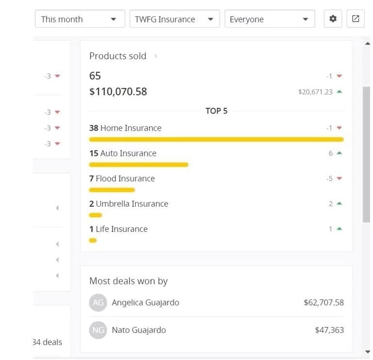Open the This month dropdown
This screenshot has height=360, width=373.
(80, 19)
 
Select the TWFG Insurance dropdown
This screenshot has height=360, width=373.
(175, 19)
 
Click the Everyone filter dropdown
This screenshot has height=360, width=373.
(270, 19)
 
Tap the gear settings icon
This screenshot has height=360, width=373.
(333, 18)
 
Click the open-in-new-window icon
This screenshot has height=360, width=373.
(356, 18)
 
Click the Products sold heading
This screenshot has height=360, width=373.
(118, 56)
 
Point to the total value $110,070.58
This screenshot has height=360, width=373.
(118, 92)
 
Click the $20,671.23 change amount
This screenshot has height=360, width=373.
(315, 92)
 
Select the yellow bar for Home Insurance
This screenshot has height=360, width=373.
(217, 139)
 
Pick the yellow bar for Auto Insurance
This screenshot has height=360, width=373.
(139, 164)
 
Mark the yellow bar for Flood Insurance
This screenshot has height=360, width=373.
(112, 190)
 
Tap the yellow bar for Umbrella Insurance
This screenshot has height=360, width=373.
(96, 215)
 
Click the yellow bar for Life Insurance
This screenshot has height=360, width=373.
(93, 241)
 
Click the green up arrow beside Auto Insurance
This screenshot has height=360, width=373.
(339, 153)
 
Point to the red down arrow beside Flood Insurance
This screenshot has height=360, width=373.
(339, 178)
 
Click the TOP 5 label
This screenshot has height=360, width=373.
(217, 111)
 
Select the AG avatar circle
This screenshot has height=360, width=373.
(98, 302)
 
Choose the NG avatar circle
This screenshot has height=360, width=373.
(98, 330)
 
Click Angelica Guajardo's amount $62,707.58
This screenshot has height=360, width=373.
(324, 302)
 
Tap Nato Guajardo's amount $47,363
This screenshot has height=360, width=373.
(329, 330)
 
